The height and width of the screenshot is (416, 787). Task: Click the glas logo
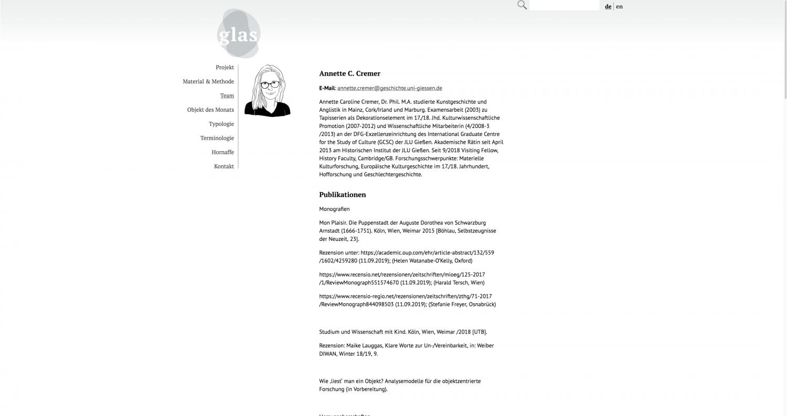tap(239, 34)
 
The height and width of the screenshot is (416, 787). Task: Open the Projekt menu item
tap(225, 67)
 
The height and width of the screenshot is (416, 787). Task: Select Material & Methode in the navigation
tap(208, 81)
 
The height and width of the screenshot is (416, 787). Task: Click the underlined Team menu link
tap(227, 95)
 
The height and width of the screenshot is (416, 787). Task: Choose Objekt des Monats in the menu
tap(210, 110)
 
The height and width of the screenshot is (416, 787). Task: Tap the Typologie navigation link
tap(221, 124)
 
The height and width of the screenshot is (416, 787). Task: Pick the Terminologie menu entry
tap(217, 138)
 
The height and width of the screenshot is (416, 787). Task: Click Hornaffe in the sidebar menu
tap(222, 152)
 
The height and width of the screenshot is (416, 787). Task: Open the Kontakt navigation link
tap(224, 166)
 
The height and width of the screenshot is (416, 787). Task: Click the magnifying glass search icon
tap(522, 5)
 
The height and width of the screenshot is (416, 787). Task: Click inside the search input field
tap(564, 6)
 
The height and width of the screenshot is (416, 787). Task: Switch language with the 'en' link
tap(620, 6)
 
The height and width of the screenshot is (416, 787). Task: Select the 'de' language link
tap(608, 6)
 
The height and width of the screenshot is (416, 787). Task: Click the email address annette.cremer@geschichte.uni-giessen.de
tap(389, 88)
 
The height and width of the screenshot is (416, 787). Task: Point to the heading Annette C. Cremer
tap(349, 73)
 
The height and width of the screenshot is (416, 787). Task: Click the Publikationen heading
tap(342, 195)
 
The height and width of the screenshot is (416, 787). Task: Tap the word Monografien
tap(334, 209)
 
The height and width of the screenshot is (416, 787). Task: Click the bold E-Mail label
tap(327, 88)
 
